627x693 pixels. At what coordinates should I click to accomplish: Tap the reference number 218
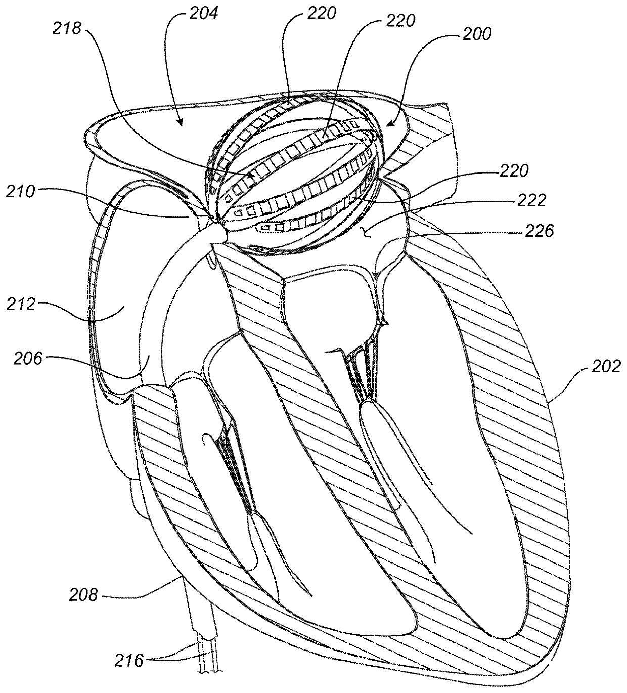pos(67,29)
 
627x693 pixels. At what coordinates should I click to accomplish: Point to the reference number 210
pos(21,192)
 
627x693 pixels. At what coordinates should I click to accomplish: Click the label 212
pos(21,305)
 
